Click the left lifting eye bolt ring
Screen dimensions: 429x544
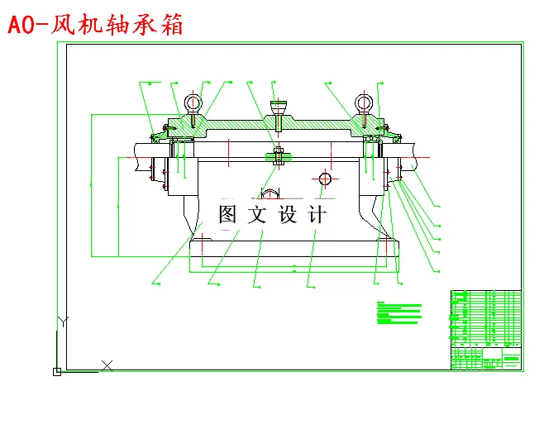(193, 103)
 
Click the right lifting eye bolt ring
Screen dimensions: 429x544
(364, 103)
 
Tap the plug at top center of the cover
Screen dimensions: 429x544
(279, 107)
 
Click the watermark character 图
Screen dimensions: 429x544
(229, 215)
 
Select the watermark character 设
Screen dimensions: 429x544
(289, 215)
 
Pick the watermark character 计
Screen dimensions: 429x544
(317, 215)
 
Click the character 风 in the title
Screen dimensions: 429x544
(64, 25)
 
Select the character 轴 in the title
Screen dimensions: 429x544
(117, 25)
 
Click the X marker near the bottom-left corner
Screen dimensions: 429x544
(107, 365)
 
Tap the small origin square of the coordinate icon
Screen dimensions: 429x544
(56, 372)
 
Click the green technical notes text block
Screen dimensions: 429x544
(398, 313)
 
